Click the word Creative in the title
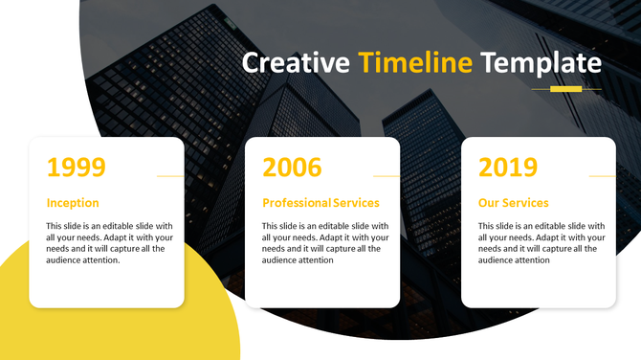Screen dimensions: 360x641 click(x=296, y=63)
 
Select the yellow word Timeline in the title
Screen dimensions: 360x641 click(x=415, y=63)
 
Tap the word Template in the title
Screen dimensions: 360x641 click(x=541, y=63)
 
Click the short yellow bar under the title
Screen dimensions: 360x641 click(x=566, y=89)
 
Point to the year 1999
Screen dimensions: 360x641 click(x=76, y=168)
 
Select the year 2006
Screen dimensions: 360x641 click(x=292, y=168)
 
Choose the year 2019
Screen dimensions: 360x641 click(x=508, y=168)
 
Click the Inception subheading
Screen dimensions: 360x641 click(x=73, y=203)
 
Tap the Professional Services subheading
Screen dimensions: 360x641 click(x=320, y=203)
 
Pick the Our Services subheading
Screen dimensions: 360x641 click(x=514, y=203)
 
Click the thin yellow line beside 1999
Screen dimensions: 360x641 click(x=169, y=176)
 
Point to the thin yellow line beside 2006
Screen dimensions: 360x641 click(x=386, y=176)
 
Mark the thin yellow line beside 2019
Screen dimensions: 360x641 click(x=602, y=176)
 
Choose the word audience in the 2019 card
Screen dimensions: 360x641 click(x=498, y=260)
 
